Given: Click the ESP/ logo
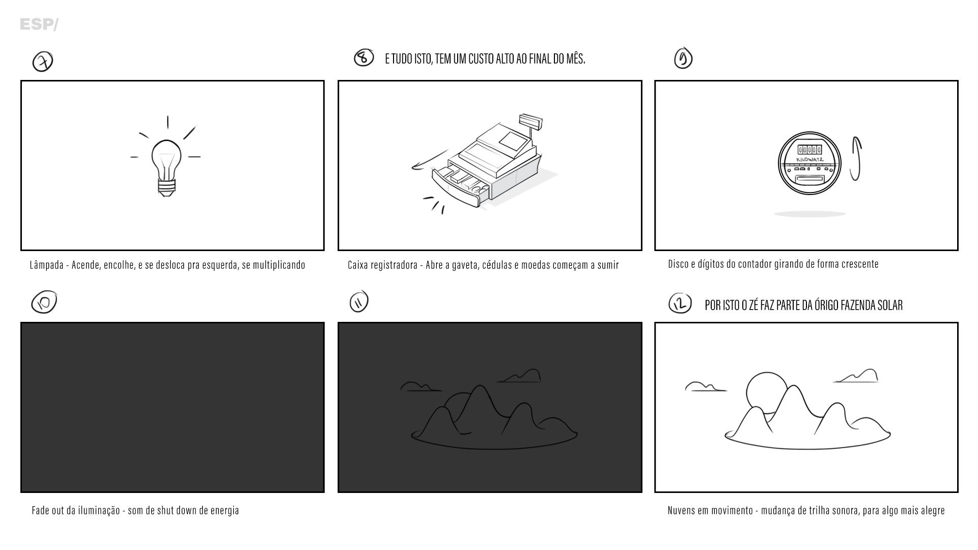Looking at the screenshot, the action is pyautogui.click(x=39, y=24).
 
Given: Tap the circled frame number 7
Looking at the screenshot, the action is pyautogui.click(x=43, y=62).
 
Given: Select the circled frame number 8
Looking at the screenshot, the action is pyautogui.click(x=364, y=58).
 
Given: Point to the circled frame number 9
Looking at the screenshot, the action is pyautogui.click(x=683, y=59).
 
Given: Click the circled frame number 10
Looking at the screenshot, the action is pyautogui.click(x=44, y=302).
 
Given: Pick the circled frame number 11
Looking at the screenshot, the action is pyautogui.click(x=359, y=302).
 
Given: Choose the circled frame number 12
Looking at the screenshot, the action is pyautogui.click(x=680, y=304).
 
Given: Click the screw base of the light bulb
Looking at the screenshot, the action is pyautogui.click(x=166, y=188).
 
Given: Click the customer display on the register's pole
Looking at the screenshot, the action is pyautogui.click(x=530, y=122).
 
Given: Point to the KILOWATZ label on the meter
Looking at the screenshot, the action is pyautogui.click(x=809, y=159).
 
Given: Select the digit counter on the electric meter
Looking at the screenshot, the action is pyautogui.click(x=809, y=150).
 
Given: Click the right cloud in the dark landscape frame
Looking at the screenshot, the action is pyautogui.click(x=519, y=376).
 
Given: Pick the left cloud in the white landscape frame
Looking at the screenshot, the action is pyautogui.click(x=706, y=387).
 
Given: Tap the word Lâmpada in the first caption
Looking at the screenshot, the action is pyautogui.click(x=46, y=265).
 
